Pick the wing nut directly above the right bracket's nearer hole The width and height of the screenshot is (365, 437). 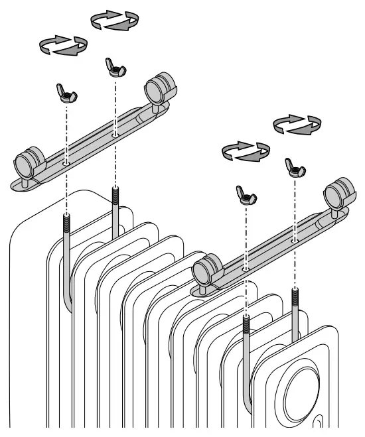pos(245,194)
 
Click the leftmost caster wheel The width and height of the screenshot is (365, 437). pos(30,161)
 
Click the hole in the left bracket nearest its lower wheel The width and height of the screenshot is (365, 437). pos(66,161)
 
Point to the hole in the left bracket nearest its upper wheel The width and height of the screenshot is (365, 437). pos(115,133)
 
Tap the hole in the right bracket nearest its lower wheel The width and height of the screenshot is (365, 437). pos(246,270)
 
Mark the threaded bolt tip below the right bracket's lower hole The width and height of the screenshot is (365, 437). pos(246,324)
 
